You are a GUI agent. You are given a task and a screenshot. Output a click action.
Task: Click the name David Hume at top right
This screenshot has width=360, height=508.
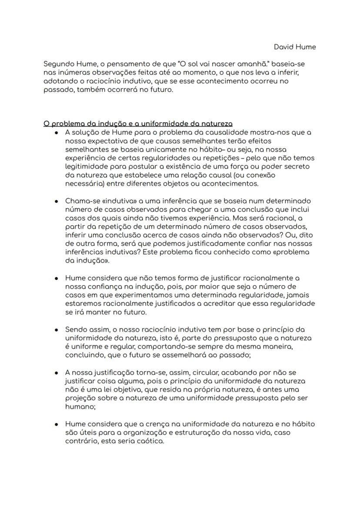tap(294, 46)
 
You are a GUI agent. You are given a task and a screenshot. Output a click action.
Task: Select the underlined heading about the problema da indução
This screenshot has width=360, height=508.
tap(138, 124)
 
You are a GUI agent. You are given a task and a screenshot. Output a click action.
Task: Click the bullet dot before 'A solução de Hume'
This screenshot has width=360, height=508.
tap(57, 133)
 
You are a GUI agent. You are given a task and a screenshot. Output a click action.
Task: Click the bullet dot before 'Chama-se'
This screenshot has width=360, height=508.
tap(57, 201)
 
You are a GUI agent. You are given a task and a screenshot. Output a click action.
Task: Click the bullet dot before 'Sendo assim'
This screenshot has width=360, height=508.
tap(57, 329)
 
